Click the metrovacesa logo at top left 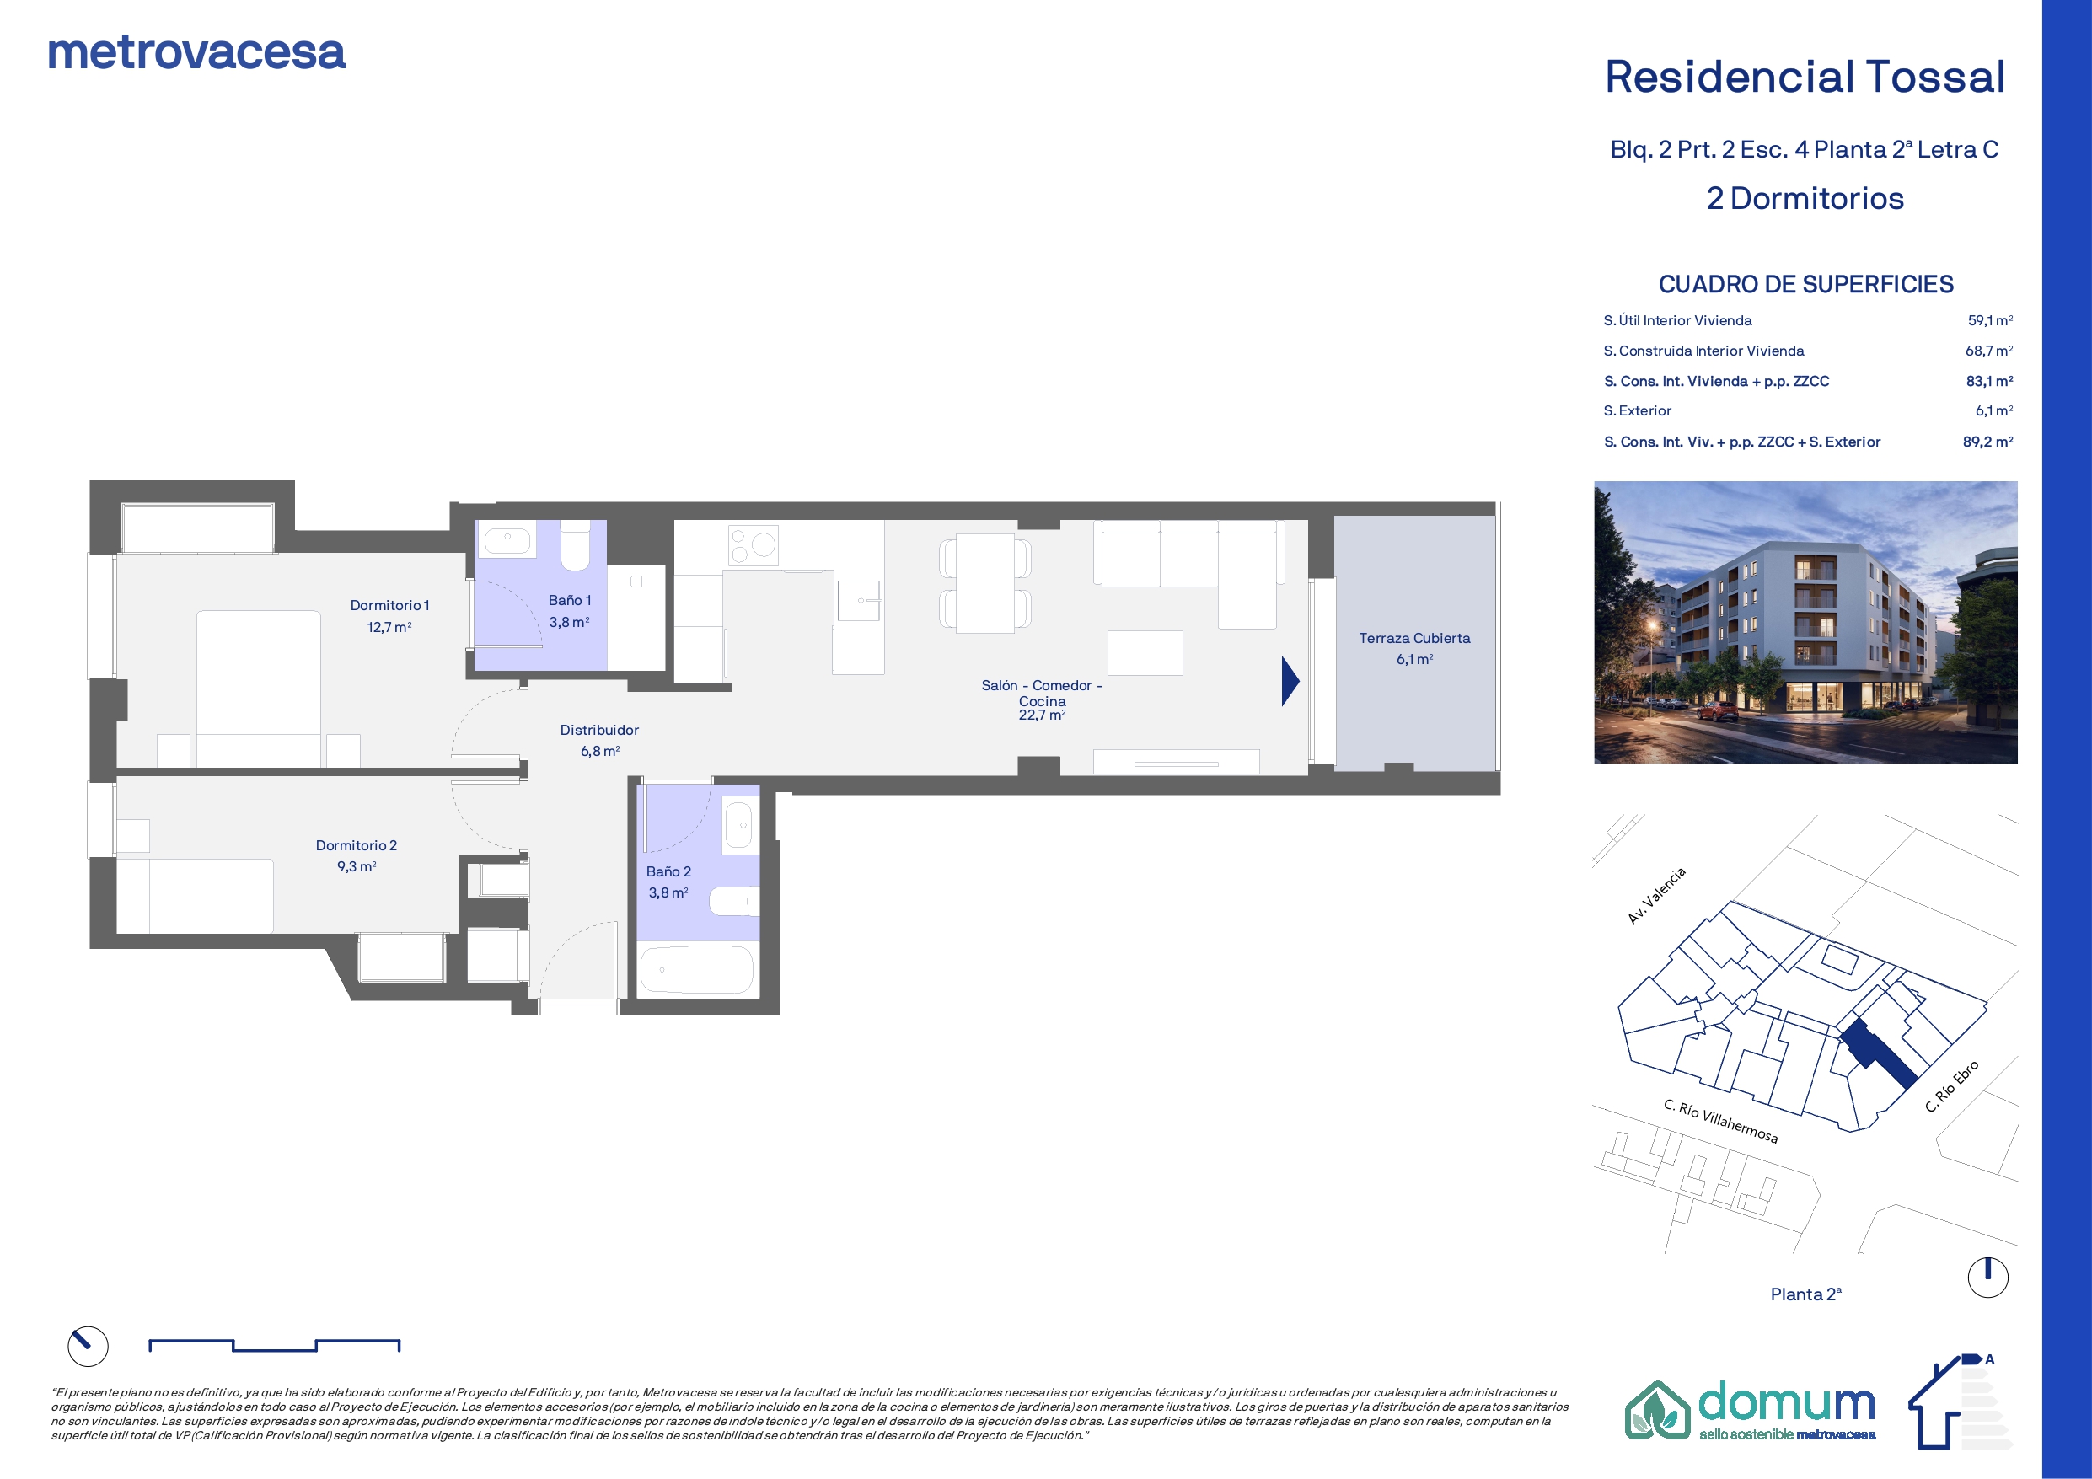tap(196, 53)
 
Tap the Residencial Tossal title tap(1805, 77)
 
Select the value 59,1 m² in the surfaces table tap(1990, 321)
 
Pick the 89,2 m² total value tap(1988, 442)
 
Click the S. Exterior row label tap(1638, 411)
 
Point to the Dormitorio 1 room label tap(389, 605)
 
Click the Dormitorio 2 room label tap(357, 845)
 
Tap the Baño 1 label tap(570, 601)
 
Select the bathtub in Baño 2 tap(697, 970)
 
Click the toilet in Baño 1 tap(575, 545)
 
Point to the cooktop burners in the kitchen tap(753, 545)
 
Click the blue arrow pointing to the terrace tap(1290, 682)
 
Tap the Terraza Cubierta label tap(1414, 639)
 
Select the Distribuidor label tap(599, 730)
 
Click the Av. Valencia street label tap(1656, 896)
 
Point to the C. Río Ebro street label tap(1952, 1086)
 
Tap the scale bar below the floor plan tap(274, 1345)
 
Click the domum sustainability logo tap(1751, 1410)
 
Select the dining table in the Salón tap(985, 584)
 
